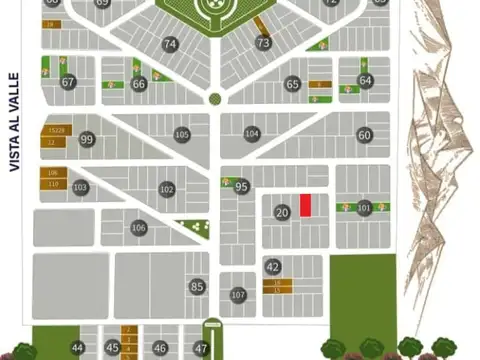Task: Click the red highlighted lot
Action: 306,203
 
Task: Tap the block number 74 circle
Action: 170,44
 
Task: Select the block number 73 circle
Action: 263,43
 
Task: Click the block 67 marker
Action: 68,83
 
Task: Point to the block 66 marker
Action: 139,84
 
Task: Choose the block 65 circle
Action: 293,85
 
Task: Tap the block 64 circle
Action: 365,80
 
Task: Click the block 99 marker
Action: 87,139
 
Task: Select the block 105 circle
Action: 181,133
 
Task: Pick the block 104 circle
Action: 252,133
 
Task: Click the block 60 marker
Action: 364,135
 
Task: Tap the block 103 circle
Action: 81,187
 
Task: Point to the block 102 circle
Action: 167,189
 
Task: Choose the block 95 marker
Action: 241,186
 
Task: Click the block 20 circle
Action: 282,212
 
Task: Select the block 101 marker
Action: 364,208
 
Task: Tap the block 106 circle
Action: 139,228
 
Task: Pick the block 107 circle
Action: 238,295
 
